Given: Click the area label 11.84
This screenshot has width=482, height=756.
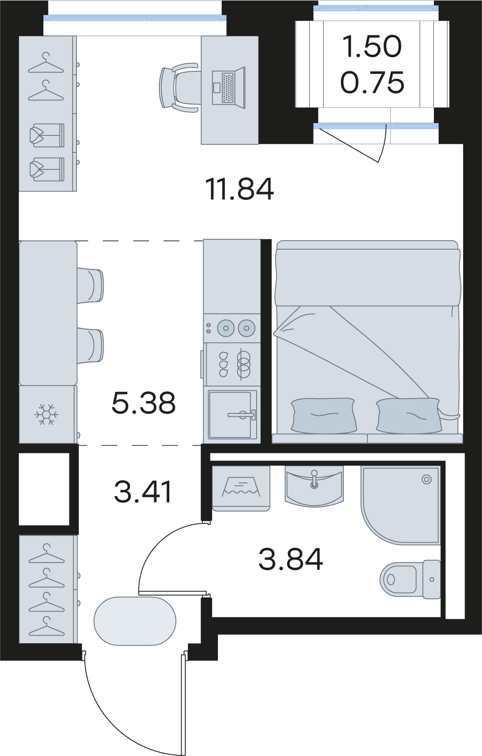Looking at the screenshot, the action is [240, 190].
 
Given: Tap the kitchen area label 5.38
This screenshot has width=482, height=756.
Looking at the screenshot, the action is [143, 403].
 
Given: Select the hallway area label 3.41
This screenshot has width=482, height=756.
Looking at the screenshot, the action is [143, 492].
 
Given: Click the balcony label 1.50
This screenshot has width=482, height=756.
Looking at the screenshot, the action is [372, 46].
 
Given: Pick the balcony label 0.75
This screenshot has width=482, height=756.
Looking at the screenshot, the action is [372, 82].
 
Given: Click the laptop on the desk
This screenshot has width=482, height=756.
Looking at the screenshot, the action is [228, 87].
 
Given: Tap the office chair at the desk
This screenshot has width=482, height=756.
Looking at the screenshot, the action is [179, 87].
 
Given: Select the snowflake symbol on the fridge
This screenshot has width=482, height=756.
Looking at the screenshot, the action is [46, 414].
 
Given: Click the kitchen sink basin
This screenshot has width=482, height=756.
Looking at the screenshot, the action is [232, 414].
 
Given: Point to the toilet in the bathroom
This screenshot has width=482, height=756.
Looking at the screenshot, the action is [410, 580].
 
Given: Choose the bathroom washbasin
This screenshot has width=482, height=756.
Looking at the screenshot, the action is [314, 486].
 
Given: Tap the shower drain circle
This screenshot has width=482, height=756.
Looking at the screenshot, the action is [427, 479].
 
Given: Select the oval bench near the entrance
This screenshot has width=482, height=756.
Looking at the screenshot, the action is [135, 622].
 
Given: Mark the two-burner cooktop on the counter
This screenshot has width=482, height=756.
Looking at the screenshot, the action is [233, 328].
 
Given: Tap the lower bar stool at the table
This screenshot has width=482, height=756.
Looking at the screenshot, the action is [90, 346].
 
